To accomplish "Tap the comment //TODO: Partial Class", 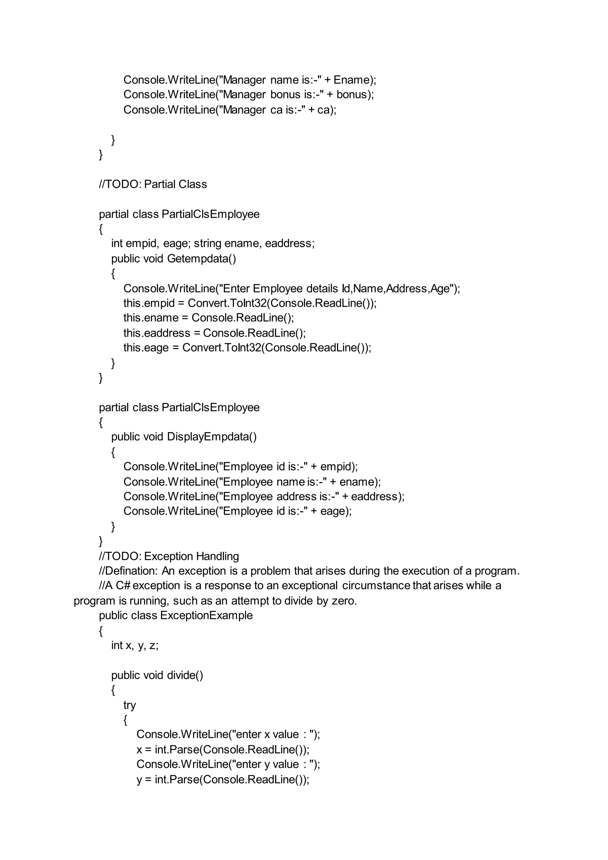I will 153,184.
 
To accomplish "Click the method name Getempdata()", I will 201,259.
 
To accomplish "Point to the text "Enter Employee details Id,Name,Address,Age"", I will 338,289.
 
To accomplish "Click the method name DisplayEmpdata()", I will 212,437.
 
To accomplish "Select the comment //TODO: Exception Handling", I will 169,556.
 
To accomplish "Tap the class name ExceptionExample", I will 206,615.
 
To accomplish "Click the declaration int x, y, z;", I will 135,645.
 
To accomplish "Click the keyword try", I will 129,705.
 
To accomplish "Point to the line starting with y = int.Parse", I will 223,779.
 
